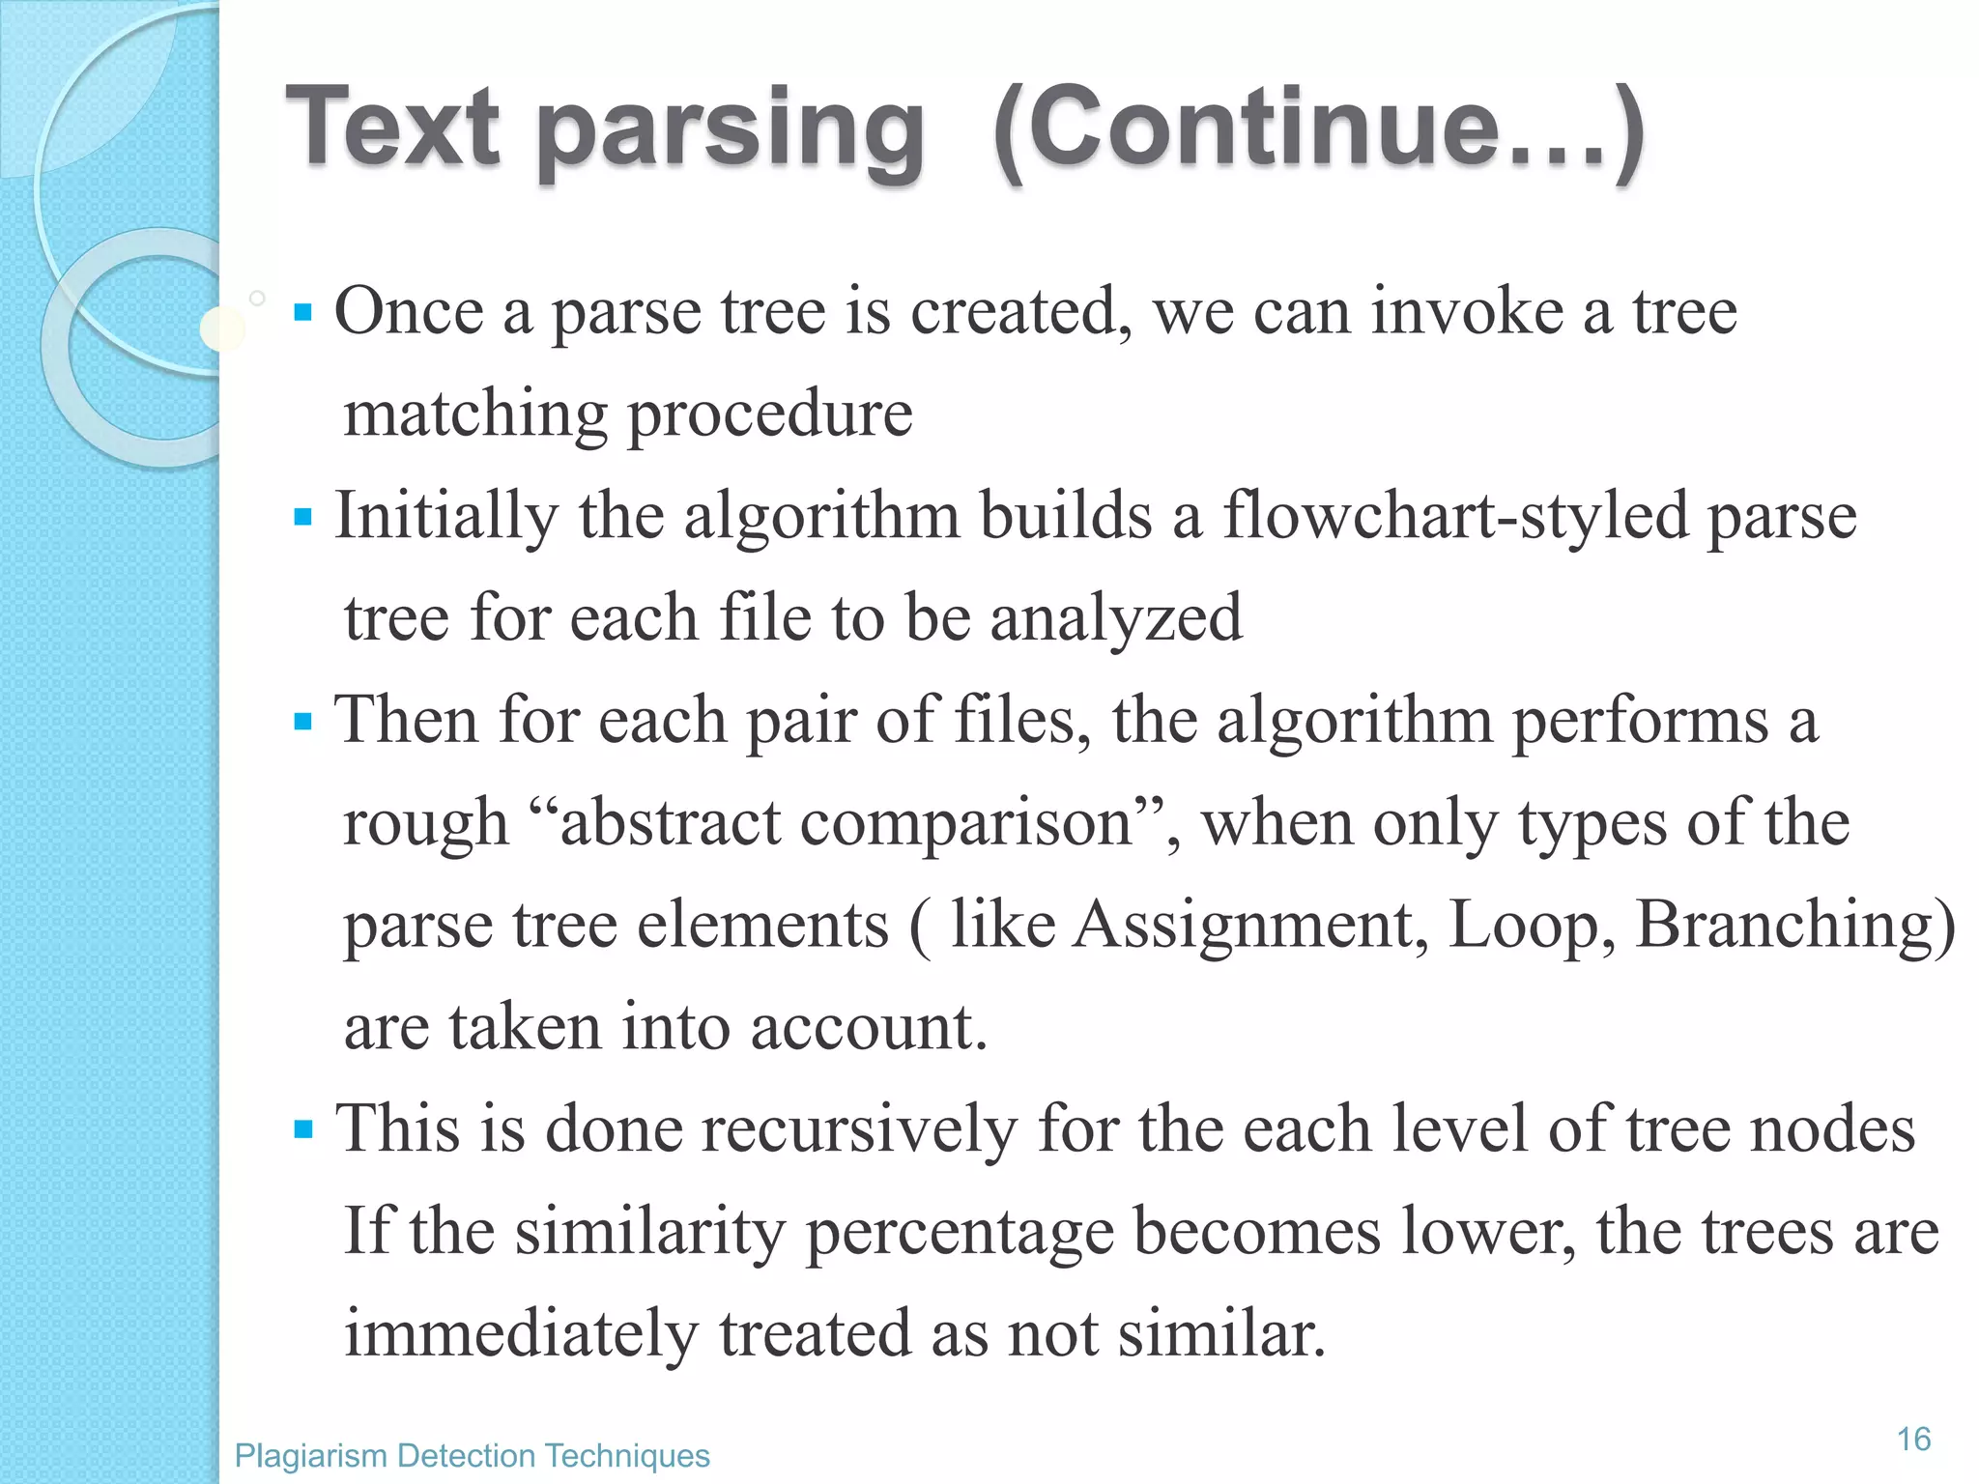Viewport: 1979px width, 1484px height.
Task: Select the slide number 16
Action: [x=1913, y=1439]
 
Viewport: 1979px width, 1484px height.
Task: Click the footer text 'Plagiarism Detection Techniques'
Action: [x=472, y=1455]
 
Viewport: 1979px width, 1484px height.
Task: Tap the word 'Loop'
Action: [x=1531, y=925]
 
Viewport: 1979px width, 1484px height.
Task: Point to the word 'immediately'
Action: [x=521, y=1333]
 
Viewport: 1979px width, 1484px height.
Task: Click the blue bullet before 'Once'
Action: [x=303, y=313]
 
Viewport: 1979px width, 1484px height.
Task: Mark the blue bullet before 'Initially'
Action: [x=303, y=518]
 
